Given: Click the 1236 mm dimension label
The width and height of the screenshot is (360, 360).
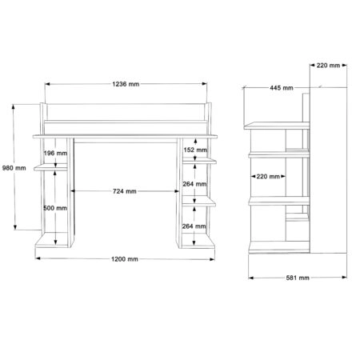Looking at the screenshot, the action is (x=126, y=84).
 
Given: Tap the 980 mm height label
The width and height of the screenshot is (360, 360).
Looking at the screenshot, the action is (x=14, y=168).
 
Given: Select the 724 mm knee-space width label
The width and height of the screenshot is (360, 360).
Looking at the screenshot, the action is (x=125, y=191).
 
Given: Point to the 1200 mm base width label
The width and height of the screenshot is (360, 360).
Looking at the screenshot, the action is (x=125, y=259).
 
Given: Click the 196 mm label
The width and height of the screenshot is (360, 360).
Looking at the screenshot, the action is (x=55, y=153).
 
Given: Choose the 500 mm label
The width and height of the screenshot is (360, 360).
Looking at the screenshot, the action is (x=55, y=208).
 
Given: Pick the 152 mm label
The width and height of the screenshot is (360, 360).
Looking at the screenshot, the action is (x=195, y=150).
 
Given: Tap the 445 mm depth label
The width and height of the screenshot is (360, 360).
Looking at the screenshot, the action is (x=282, y=88).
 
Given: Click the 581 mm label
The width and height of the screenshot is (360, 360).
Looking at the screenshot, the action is (x=298, y=278).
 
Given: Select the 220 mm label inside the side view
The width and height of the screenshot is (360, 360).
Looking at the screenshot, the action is (x=268, y=176).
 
